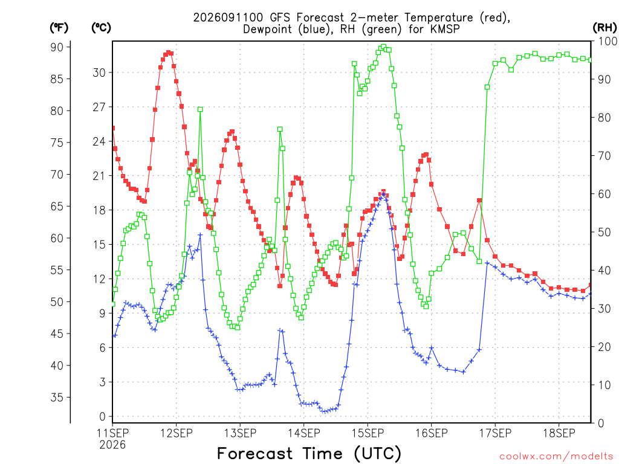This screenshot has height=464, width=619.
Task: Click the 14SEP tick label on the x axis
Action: [303, 433]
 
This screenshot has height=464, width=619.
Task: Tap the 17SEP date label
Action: [495, 433]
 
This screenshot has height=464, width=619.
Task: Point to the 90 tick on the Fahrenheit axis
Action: [57, 47]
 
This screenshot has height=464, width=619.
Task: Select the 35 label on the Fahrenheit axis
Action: [57, 398]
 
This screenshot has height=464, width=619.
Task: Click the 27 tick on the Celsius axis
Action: [99, 107]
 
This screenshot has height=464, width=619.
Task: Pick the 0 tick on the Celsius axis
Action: [103, 416]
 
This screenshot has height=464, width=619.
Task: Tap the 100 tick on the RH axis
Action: [608, 41]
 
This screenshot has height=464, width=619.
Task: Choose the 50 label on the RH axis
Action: [604, 232]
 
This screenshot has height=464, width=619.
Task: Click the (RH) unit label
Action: [604, 28]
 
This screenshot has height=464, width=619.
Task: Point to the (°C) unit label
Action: [101, 28]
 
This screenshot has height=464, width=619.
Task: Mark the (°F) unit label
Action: [59, 28]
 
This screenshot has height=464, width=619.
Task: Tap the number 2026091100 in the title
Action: [228, 18]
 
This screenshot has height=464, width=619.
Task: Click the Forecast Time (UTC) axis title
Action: [309, 453]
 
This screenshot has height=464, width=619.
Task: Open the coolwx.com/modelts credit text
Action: [556, 457]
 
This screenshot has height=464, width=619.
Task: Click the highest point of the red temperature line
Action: [169, 53]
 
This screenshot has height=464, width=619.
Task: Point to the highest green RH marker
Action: [383, 47]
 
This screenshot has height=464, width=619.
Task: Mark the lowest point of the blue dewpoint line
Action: [325, 411]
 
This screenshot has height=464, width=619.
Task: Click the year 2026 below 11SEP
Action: [112, 445]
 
